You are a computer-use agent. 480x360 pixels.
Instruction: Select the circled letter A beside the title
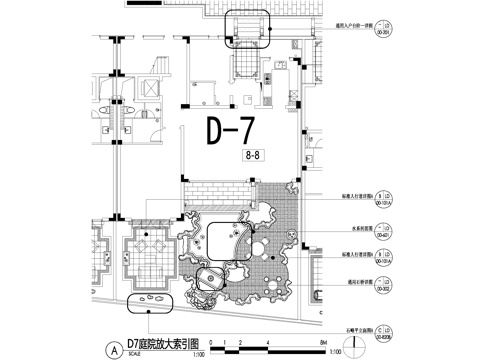point(117,350)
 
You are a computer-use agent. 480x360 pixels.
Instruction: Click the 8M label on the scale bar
point(322,343)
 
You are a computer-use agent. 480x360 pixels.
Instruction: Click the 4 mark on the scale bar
point(266,343)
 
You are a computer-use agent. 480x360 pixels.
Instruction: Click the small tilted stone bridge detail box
point(211,280)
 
